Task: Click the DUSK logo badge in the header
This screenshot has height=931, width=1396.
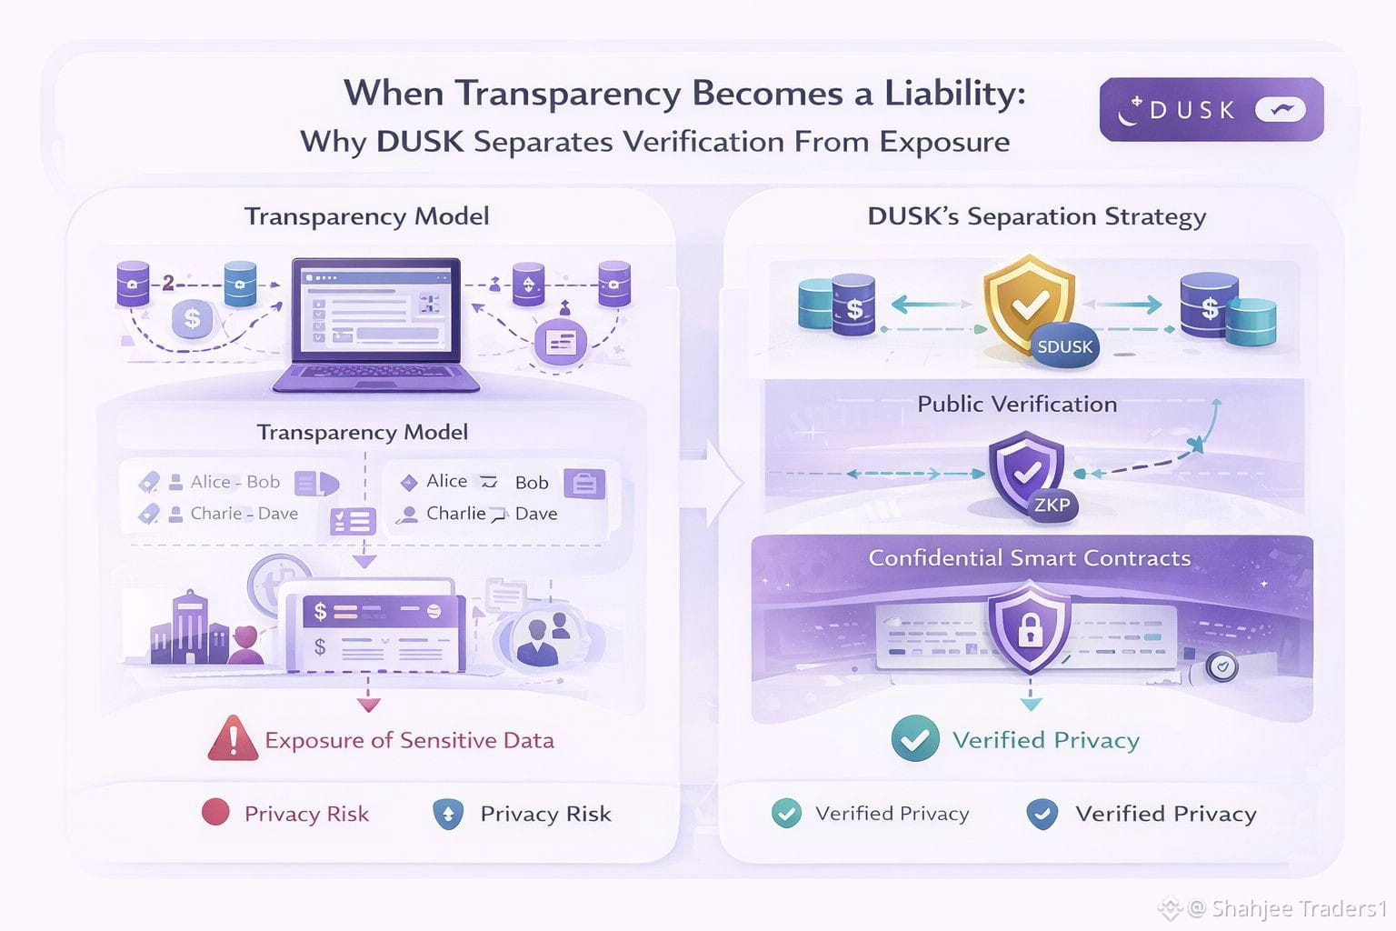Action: point(1211,110)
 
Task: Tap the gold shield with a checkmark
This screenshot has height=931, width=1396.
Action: point(1028,305)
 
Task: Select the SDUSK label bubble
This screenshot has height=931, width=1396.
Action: point(1065,346)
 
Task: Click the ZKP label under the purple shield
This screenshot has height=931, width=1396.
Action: point(1052,505)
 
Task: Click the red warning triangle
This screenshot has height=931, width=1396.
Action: point(233,738)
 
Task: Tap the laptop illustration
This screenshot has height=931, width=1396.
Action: point(375,324)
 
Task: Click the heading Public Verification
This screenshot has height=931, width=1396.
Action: point(1017,404)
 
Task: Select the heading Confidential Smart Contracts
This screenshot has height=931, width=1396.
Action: point(1029,557)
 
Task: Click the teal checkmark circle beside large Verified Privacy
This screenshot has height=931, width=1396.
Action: point(915,738)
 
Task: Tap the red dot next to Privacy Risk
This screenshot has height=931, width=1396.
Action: point(215,812)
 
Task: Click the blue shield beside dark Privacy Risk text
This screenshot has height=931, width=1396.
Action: point(448,813)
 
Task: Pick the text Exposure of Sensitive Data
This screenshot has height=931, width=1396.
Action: point(409,740)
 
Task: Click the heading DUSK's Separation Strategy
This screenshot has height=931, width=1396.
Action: point(1036,216)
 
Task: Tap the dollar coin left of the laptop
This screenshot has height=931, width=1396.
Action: point(192,319)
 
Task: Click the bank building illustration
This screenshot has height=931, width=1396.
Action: point(189,629)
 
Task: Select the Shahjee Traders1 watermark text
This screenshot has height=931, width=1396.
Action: point(1298,908)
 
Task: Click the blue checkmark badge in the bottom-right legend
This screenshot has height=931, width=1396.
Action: point(1042,814)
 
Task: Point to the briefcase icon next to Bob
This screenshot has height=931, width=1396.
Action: point(584,483)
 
